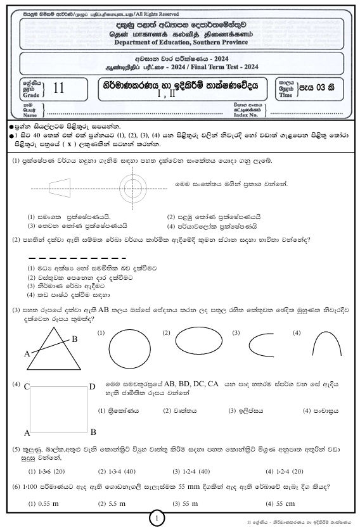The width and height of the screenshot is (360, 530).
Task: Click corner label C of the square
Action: click(27, 386)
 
